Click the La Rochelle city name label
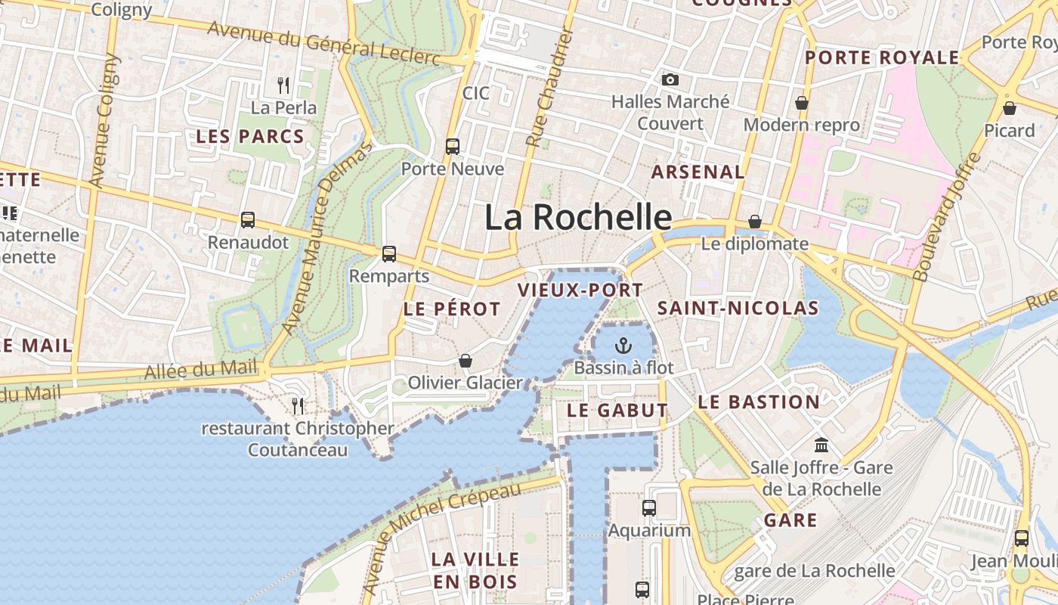pos(578,218)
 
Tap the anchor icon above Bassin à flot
pos(623,346)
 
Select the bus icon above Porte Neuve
pos(453,147)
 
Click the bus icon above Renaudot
pos(248,220)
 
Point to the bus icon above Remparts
pos(389,254)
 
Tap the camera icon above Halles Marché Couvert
pos(670,79)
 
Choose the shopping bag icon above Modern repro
pos(802,103)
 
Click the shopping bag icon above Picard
pos(1010,108)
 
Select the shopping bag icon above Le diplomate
pos(754,222)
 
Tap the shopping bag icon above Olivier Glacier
pos(466,361)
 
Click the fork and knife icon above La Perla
pos(283,85)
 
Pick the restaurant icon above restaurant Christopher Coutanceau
pos(298,406)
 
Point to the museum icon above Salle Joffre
pos(821,445)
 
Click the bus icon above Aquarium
pos(649,508)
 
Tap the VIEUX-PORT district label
pos(580,290)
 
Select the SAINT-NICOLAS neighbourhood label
pos(738,308)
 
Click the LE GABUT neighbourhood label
pos(617,411)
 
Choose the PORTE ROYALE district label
pos(882,58)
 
